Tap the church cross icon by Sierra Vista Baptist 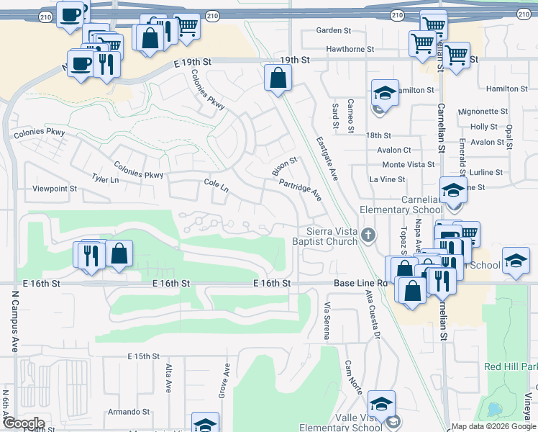coord(368,235)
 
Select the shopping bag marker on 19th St coord(278,78)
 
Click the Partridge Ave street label coord(300,190)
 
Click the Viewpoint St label coord(55,189)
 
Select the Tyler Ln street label coord(104,178)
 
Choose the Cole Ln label coord(216,186)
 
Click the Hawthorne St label coord(350,50)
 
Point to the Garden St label coord(333,31)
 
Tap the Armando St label coord(128,412)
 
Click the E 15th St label coord(143,356)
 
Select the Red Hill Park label coord(511,366)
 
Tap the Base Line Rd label coord(360,284)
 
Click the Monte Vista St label coord(409,165)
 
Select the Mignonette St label coord(483,112)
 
